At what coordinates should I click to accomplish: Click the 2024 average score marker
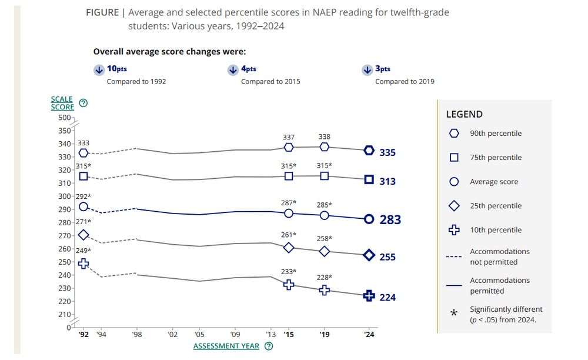(x=369, y=219)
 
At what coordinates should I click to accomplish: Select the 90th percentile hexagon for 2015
(x=289, y=147)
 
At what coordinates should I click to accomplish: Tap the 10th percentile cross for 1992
(x=83, y=264)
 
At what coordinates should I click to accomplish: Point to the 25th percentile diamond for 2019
(x=324, y=251)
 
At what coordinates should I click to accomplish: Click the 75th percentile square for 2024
(x=369, y=179)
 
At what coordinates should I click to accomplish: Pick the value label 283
(x=390, y=220)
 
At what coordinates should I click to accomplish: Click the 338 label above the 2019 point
(x=324, y=136)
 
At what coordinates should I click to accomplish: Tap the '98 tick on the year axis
(x=136, y=334)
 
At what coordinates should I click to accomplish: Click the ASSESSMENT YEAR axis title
(x=226, y=346)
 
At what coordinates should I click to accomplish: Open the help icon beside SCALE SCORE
(x=83, y=103)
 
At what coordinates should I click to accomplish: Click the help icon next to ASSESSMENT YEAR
(x=269, y=346)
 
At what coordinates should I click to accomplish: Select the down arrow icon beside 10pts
(x=98, y=70)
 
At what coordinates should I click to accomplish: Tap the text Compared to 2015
(x=270, y=82)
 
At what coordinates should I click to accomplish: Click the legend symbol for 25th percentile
(x=454, y=206)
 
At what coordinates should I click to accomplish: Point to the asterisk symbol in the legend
(x=454, y=314)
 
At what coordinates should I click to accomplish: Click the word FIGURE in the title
(x=102, y=13)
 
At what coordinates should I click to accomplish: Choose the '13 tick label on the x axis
(x=271, y=334)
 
